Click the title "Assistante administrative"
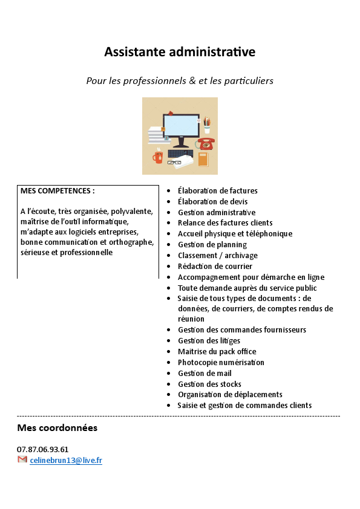coord(180,52)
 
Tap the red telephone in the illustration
coord(207,144)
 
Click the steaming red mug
coord(158,157)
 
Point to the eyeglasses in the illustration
coord(174,162)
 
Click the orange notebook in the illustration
coord(203,159)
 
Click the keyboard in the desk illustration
coord(180,154)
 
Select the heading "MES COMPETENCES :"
coord(57,190)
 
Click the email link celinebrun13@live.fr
coord(66,460)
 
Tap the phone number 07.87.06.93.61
coord(42,449)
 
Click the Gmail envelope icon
coord(22,460)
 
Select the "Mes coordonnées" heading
coord(57,428)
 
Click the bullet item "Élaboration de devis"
coord(212,201)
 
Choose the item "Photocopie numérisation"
coord(221,362)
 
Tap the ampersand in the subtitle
coord(192,80)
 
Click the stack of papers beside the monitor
coord(155,136)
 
